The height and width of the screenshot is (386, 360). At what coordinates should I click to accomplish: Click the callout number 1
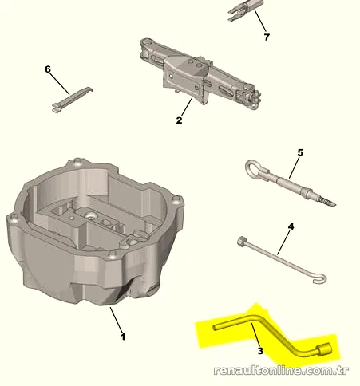[x=123, y=337]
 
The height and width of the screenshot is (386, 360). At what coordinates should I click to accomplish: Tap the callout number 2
[x=179, y=120]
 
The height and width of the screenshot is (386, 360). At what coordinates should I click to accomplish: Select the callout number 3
[x=260, y=351]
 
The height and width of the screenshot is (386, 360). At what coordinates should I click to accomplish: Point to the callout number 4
[x=291, y=226]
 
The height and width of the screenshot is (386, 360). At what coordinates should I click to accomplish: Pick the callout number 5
[x=300, y=152]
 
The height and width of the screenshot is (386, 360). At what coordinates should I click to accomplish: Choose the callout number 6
[x=48, y=69]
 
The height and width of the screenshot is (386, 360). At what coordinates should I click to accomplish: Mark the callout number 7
[x=267, y=37]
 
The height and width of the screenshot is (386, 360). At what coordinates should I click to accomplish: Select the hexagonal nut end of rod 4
[x=242, y=242]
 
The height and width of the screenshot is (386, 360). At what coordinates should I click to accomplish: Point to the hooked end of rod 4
[x=321, y=279]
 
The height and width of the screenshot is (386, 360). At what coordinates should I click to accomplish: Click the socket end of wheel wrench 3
[x=324, y=349]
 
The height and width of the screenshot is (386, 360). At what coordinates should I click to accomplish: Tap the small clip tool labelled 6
[x=73, y=100]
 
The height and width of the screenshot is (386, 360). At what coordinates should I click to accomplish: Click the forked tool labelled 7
[x=245, y=10]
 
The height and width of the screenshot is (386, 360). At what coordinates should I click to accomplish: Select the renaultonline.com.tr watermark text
[x=281, y=370]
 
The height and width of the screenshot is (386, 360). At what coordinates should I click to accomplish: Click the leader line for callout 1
[x=116, y=320]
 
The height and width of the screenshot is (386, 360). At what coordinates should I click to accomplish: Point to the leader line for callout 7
[x=260, y=21]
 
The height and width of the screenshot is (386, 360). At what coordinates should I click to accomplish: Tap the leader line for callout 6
[x=60, y=84]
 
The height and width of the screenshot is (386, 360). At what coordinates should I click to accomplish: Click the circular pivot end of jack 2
[x=146, y=42]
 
